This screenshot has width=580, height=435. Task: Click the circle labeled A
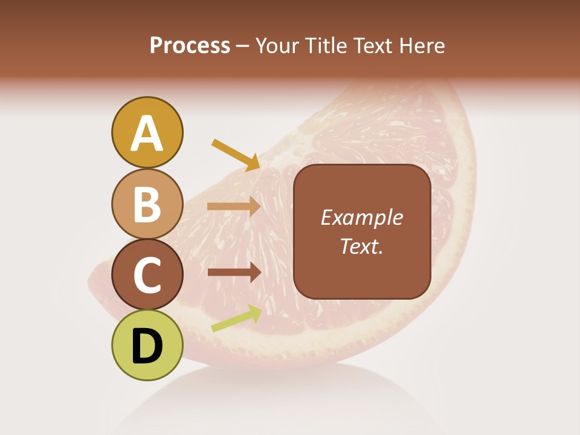[147, 132]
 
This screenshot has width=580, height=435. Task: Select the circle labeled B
[147, 204]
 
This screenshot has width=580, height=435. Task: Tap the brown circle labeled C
[147, 275]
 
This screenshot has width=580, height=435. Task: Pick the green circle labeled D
[147, 346]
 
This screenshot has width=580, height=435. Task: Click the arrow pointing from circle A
[236, 155]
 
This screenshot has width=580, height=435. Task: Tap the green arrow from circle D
[236, 318]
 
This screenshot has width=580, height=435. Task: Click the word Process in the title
[190, 46]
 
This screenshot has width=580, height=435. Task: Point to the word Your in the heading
[275, 46]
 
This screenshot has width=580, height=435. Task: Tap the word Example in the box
[362, 218]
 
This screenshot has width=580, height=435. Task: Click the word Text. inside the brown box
[362, 246]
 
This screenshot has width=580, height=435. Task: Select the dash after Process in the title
[243, 46]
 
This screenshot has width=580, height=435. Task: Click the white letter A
[147, 134]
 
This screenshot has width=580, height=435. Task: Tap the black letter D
[147, 346]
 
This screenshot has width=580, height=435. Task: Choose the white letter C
[147, 275]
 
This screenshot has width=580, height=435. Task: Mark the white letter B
[147, 204]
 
